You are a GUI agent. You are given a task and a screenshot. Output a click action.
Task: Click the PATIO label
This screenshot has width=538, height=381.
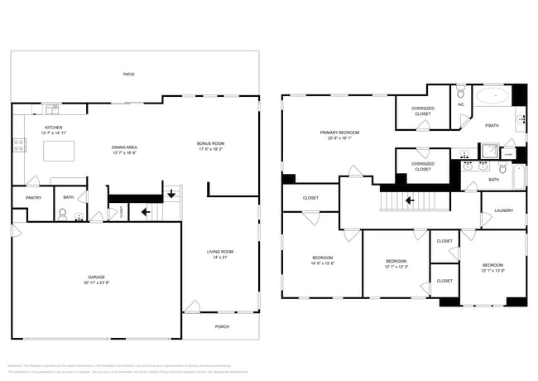(128, 75)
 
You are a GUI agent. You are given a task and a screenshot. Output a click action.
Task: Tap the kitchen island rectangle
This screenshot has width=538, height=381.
(58, 151)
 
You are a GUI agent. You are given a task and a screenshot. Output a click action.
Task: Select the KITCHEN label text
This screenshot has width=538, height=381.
(53, 128)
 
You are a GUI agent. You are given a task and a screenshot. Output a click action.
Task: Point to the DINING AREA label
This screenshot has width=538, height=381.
(124, 147)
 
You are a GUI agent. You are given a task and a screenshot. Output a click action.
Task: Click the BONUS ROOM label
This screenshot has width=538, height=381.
(210, 143)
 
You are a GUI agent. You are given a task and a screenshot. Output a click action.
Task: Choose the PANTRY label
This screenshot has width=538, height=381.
(33, 198)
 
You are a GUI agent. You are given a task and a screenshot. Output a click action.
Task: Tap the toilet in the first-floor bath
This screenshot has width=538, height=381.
(63, 214)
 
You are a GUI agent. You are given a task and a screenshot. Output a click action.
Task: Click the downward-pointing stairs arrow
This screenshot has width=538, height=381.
(171, 195)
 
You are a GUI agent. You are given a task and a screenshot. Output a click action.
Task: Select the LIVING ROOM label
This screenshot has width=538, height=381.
(219, 251)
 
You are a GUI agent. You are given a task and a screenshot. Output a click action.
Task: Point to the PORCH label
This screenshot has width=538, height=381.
(222, 326)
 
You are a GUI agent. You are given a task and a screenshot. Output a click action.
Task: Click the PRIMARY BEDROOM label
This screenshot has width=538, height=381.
(339, 133)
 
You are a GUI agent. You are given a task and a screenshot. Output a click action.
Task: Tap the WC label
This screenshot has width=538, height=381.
(461, 105)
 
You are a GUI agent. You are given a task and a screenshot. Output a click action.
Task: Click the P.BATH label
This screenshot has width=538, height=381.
(492, 125)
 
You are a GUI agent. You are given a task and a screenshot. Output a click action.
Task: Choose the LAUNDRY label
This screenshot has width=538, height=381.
(503, 210)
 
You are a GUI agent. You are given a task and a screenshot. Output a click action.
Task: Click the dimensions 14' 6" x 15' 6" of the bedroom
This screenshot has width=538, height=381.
(323, 263)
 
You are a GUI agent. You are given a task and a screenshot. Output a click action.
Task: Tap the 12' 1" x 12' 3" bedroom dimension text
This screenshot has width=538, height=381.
(396, 267)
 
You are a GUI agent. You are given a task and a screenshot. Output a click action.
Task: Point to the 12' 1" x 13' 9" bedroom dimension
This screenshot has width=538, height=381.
(493, 270)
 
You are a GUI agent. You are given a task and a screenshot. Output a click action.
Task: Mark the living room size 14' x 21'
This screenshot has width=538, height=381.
(219, 258)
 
